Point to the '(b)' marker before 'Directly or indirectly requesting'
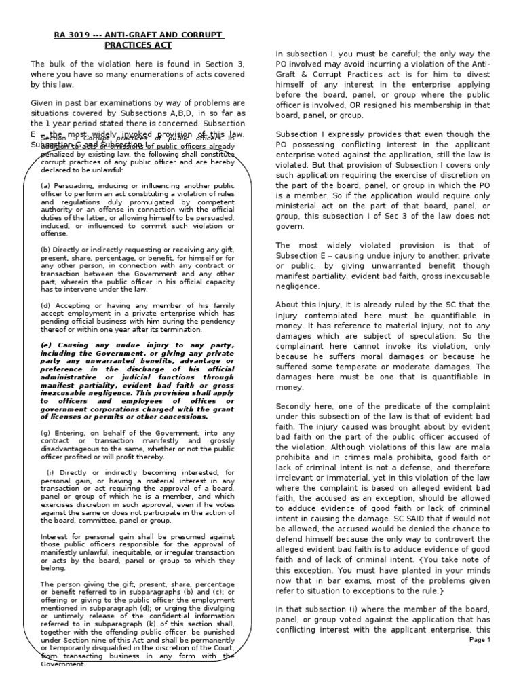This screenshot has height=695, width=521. point(46,250)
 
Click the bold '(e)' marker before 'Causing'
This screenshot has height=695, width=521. point(46,344)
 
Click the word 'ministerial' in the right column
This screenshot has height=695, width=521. point(296,221)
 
